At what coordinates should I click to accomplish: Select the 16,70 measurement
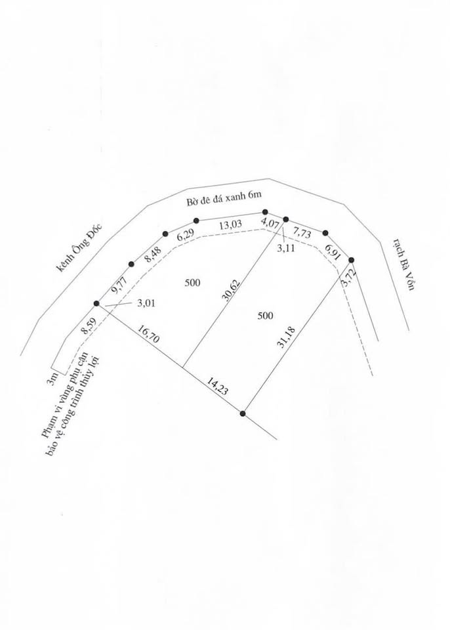point(148,334)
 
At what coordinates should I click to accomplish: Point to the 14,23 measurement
point(217,386)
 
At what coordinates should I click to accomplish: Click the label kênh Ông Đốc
point(79,248)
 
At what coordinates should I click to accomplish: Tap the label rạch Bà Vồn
point(404,264)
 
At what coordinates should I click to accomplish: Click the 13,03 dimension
point(231,224)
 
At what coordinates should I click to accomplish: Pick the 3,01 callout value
point(146,303)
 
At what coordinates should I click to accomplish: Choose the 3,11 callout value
point(286,248)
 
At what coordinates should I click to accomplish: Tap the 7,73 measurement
point(302,233)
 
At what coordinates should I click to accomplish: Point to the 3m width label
point(52,379)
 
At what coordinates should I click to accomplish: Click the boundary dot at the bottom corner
point(243,413)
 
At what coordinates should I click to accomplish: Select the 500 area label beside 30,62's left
point(192,283)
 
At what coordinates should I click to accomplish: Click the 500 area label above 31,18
point(265,316)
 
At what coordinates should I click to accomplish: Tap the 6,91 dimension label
point(332,252)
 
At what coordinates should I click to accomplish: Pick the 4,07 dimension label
point(270,223)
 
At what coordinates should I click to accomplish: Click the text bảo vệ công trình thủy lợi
point(73,407)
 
